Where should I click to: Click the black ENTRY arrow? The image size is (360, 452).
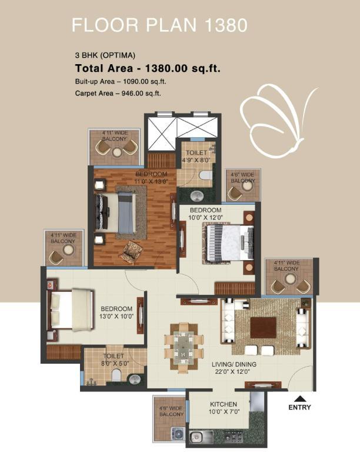300,398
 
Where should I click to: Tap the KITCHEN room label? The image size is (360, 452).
224,404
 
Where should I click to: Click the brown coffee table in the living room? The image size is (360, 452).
263,328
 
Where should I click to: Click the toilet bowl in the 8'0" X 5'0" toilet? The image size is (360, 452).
116,375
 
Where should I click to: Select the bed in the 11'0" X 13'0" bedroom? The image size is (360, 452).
116,212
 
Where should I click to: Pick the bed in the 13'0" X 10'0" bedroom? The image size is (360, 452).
71,310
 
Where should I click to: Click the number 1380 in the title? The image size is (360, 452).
226,25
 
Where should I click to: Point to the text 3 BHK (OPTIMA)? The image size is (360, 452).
105,55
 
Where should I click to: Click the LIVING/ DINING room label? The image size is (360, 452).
234,364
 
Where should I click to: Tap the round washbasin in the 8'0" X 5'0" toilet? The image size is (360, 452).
135,379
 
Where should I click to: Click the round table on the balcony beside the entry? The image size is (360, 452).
291,279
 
